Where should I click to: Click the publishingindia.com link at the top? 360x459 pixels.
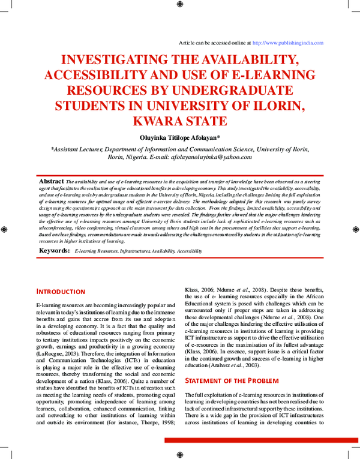[288, 43]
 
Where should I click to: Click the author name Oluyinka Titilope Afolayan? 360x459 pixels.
[180, 137]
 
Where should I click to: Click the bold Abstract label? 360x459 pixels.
[51, 181]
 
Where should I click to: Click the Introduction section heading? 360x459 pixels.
[61, 292]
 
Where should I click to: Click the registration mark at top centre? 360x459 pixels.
[180, 5]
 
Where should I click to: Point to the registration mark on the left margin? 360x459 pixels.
[5, 230]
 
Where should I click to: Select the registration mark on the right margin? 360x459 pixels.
[355, 230]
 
